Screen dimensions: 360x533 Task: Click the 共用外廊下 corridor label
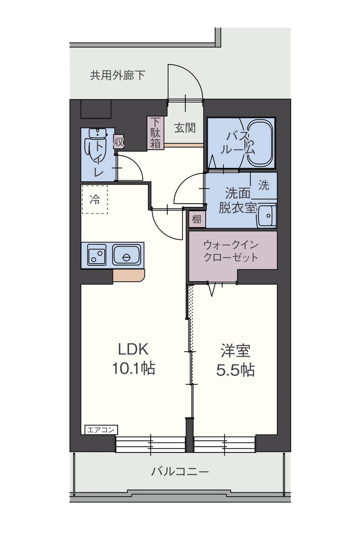(117, 75)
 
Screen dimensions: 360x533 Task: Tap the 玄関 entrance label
(185, 128)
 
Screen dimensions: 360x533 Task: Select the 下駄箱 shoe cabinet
(155, 133)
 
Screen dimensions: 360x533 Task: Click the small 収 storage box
(119, 142)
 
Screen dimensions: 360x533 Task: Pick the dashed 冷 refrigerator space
(94, 199)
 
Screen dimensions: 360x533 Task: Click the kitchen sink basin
(126, 255)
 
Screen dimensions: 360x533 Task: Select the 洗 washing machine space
(264, 186)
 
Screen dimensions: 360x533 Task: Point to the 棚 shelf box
(197, 219)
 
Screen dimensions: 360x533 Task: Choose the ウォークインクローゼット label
(231, 251)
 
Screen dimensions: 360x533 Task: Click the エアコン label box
(101, 430)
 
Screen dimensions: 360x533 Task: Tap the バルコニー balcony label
(180, 472)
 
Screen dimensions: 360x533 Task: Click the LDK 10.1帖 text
(133, 359)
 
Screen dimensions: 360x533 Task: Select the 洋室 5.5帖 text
(236, 360)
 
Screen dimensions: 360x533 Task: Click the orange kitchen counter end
(129, 276)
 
